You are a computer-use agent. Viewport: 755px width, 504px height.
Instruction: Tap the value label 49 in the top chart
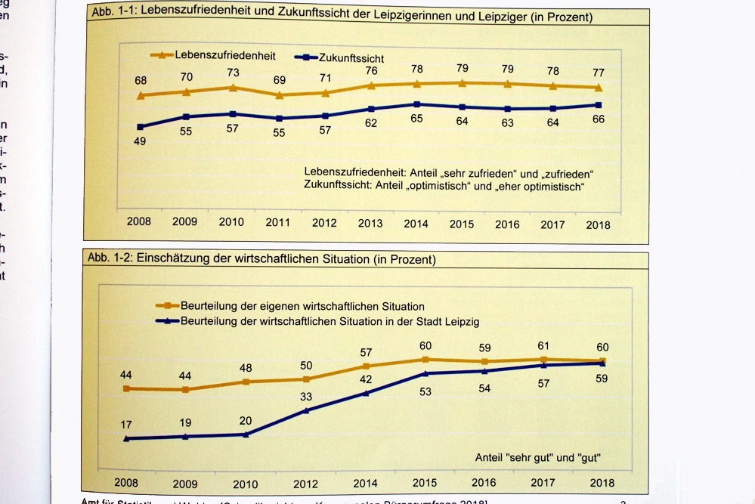pos(139,141)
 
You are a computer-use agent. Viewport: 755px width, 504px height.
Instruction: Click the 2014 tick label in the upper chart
pos(416,224)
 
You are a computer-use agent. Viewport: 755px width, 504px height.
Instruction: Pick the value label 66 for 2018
pos(599,119)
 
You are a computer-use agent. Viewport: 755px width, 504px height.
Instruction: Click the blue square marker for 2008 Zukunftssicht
pos(141,126)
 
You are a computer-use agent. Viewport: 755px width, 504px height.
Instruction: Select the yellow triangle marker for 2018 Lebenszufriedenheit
pos(599,88)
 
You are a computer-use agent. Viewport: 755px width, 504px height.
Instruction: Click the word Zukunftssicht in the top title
pos(351,15)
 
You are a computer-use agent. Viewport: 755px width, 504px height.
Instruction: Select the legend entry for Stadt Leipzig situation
pos(330,321)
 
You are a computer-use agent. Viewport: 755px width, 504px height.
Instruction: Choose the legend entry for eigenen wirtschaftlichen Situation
pos(302,307)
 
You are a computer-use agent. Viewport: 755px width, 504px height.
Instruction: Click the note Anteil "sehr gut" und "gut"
pos(543,457)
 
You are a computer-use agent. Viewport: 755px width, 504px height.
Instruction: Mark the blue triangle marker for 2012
pos(306,410)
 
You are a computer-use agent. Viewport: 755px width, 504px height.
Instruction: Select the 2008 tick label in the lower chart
pos(126,482)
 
